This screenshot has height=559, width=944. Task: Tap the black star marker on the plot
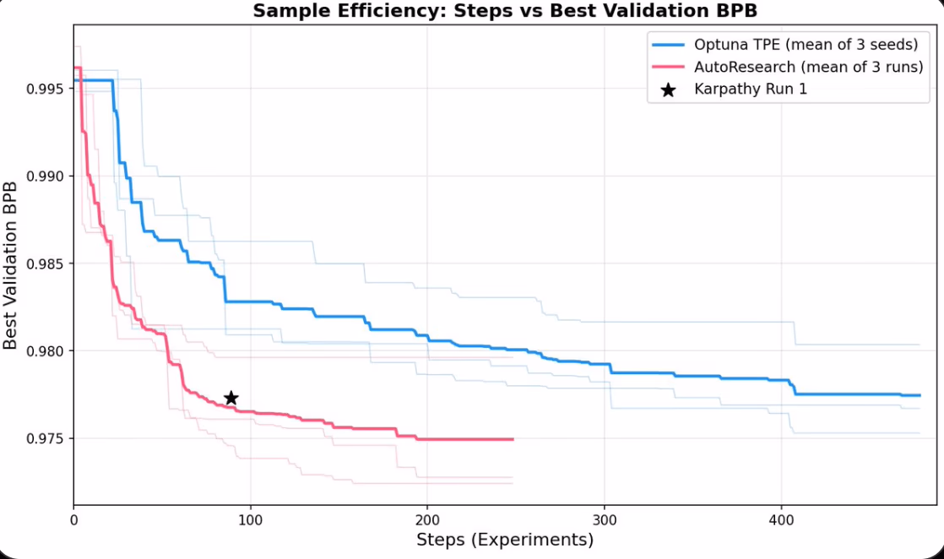click(231, 398)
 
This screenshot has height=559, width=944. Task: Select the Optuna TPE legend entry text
click(806, 45)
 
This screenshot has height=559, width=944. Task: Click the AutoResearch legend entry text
click(809, 67)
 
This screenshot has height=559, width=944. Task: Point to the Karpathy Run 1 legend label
click(751, 89)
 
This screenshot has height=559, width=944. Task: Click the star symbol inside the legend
click(668, 89)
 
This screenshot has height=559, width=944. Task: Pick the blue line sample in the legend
click(668, 45)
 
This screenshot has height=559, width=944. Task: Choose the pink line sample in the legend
click(668, 67)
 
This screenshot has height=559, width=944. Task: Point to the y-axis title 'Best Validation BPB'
click(11, 264)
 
